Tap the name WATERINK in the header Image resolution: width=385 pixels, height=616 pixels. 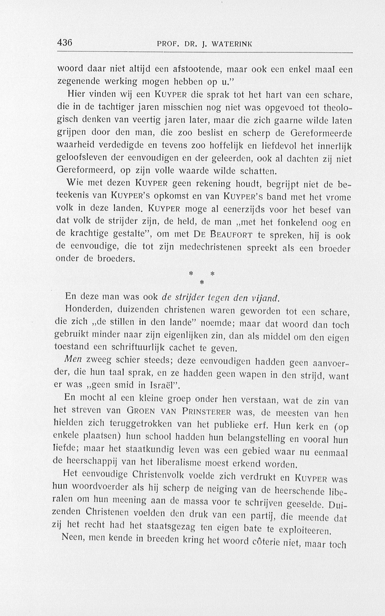(x=232, y=44)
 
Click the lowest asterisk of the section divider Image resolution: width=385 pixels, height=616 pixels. (x=202, y=283)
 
